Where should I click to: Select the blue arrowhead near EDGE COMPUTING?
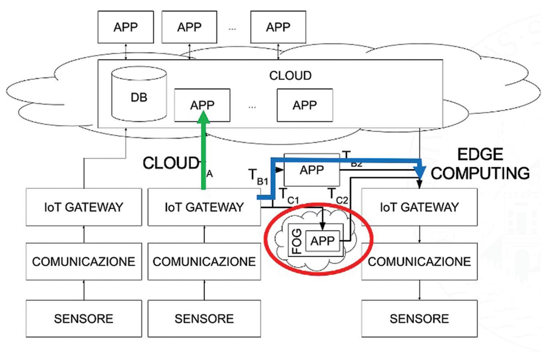(420, 171)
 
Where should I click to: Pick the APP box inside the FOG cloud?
(322, 241)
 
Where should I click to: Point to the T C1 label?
(288, 195)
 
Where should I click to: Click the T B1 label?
(257, 177)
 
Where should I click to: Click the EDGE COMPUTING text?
(480, 164)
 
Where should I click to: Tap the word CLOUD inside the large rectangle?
(290, 76)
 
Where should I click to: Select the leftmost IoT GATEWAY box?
(84, 207)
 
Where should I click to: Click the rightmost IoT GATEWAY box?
(419, 207)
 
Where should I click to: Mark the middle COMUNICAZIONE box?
(204, 261)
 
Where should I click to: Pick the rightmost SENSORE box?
(419, 318)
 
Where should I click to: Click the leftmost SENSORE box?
(84, 318)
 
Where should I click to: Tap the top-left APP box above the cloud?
(125, 27)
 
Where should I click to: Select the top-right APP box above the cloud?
(278, 27)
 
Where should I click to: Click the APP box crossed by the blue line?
(311, 170)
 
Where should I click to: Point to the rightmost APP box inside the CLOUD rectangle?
(304, 105)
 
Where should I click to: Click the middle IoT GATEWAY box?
(204, 207)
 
